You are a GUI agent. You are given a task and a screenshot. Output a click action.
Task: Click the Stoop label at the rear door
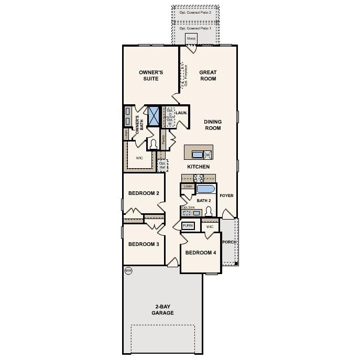pyautogui.click(x=191, y=39)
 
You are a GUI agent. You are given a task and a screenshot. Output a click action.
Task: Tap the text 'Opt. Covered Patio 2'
pyautogui.click(x=195, y=12)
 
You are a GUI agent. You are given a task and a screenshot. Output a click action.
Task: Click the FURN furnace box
pyautogui.click(x=188, y=225)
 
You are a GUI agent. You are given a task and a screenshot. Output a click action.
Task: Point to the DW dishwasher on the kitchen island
pyautogui.click(x=207, y=155)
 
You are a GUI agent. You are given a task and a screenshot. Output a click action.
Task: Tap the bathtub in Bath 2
pyautogui.click(x=205, y=189)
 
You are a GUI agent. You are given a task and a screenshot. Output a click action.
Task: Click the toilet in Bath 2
pyautogui.click(x=209, y=211)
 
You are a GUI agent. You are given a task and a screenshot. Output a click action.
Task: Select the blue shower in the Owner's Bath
pyautogui.click(x=154, y=116)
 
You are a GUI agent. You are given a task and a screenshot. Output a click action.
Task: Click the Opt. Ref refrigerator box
pyautogui.click(x=162, y=165)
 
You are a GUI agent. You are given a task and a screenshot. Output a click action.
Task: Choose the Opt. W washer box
pyautogui.click(x=170, y=121)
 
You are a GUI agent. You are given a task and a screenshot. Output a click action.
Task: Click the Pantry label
pyautogui.click(x=163, y=139)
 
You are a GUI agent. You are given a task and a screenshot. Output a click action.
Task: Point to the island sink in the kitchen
pyautogui.click(x=197, y=154)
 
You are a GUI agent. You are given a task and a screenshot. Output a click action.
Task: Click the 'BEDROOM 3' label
pyautogui.click(x=144, y=244)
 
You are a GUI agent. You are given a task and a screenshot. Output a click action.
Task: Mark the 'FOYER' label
pyautogui.click(x=226, y=195)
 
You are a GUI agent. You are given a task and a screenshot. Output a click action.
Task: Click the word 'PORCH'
pyautogui.click(x=229, y=242)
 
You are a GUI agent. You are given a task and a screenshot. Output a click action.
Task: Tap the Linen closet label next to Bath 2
pyautogui.click(x=188, y=186)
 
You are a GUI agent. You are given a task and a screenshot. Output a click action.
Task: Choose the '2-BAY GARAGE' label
pyautogui.click(x=162, y=310)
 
